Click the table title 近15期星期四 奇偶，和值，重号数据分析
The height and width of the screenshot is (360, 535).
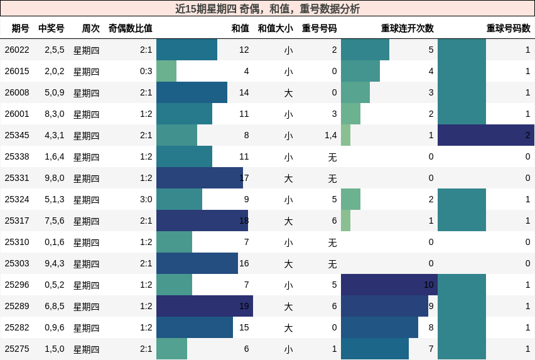(267, 9)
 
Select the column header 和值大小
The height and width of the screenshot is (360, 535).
(275, 28)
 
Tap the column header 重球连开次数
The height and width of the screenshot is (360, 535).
(407, 28)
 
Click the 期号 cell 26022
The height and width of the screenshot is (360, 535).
(17, 50)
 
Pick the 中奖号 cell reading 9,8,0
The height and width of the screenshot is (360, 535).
(54, 178)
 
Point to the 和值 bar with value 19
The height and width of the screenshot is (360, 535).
(205, 306)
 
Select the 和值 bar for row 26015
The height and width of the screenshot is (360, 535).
(166, 71)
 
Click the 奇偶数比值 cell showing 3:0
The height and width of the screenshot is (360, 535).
(146, 199)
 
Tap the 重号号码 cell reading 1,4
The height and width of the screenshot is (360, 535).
(330, 135)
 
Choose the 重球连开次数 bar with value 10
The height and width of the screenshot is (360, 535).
(389, 285)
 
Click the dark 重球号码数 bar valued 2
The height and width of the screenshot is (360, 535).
(486, 135)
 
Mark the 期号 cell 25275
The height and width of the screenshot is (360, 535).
(17, 349)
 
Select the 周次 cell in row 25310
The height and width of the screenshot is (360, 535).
(86, 242)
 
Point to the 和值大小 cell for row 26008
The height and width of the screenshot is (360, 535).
(288, 92)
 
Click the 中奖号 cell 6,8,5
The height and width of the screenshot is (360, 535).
(54, 306)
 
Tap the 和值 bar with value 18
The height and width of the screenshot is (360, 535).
(202, 221)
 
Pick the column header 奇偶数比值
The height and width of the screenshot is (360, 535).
(130, 28)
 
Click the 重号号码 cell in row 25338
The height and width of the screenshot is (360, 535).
(332, 156)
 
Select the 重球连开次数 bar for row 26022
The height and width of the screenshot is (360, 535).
(365, 50)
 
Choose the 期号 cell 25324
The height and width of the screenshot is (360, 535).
(17, 199)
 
